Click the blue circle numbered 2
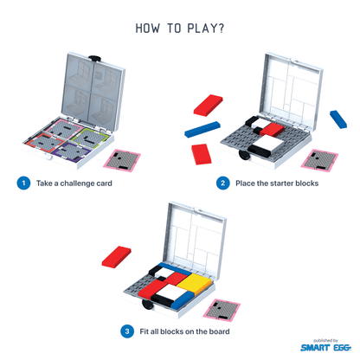[x=223, y=183]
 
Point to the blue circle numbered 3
[x=126, y=330]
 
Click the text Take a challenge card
[x=74, y=183]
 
